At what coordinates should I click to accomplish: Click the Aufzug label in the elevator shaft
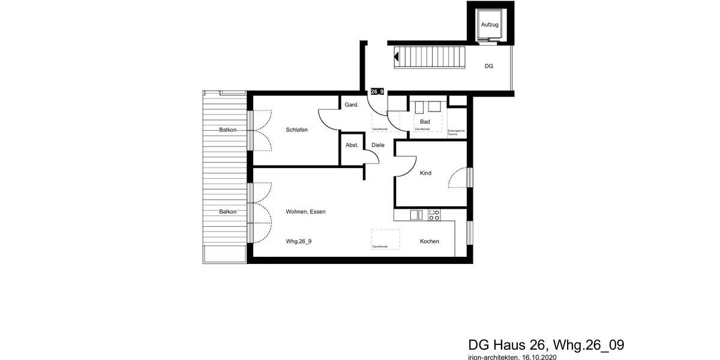[490, 25]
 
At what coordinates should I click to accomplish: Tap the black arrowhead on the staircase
[397, 58]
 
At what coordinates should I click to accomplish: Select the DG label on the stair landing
[488, 66]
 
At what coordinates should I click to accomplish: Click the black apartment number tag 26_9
[377, 92]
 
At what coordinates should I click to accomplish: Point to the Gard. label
[351, 104]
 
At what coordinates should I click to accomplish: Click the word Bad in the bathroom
[425, 122]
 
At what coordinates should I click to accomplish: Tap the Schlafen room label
[296, 130]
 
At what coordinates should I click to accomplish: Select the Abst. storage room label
[352, 145]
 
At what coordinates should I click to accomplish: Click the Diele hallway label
[378, 145]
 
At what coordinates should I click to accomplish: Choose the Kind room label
[425, 173]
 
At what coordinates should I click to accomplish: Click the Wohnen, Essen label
[306, 212]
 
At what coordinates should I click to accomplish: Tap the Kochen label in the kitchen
[429, 241]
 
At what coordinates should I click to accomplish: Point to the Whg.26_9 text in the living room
[299, 241]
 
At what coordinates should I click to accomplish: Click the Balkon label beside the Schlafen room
[227, 130]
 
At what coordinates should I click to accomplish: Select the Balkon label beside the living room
[227, 212]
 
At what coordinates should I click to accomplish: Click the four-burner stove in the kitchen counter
[434, 214]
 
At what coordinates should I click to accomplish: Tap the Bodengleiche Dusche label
[457, 133]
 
